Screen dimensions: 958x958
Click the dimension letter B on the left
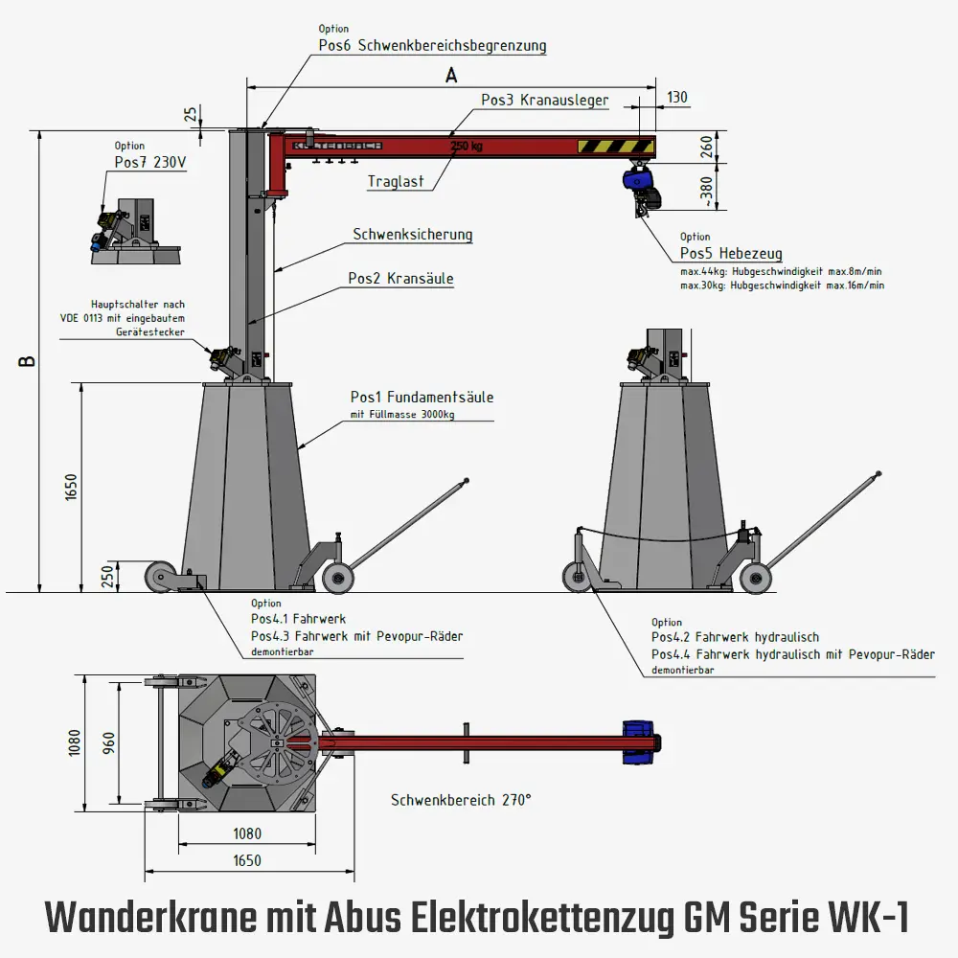click(28, 361)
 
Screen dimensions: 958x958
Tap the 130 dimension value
click(677, 98)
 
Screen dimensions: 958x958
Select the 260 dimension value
click(706, 147)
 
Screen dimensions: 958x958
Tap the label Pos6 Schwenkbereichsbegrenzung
click(432, 45)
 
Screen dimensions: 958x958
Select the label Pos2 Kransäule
click(400, 279)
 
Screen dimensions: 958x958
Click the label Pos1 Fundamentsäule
click(422, 397)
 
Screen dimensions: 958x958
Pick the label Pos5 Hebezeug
click(731, 254)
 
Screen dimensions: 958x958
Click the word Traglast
click(396, 181)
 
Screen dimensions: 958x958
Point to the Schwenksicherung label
click(412, 234)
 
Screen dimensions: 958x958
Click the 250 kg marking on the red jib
click(466, 147)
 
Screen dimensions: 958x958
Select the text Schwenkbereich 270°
click(461, 800)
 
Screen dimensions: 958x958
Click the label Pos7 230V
click(150, 162)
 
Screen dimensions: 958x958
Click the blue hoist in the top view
click(637, 743)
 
